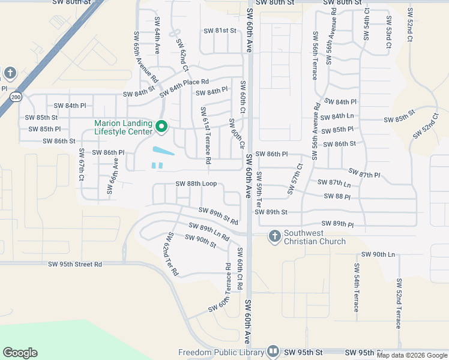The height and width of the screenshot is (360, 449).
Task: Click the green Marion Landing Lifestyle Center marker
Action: point(161,127)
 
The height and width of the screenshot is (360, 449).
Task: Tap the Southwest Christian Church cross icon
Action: point(274,236)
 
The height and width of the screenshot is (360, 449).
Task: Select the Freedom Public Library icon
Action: point(273,351)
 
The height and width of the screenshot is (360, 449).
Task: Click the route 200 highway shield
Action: point(16,97)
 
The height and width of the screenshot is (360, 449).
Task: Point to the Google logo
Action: point(20,353)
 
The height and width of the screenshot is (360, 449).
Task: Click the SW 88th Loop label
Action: point(196,184)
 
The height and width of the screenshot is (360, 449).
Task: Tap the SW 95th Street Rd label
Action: point(76,264)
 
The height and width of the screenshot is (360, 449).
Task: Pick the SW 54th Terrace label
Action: point(356,287)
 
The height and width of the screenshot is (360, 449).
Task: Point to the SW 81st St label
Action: point(220,31)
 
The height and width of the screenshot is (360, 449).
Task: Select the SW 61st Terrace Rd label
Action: point(206,136)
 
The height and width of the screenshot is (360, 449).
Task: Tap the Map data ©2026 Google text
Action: point(412,355)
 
